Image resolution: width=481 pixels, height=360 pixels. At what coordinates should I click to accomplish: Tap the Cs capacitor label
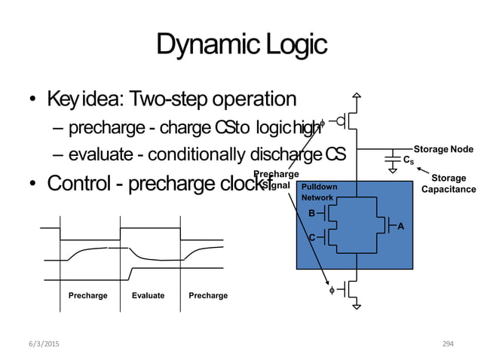click(x=408, y=160)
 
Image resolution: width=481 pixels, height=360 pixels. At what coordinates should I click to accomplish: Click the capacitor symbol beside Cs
click(x=392, y=159)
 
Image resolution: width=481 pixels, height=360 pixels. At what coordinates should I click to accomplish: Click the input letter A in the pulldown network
click(x=400, y=225)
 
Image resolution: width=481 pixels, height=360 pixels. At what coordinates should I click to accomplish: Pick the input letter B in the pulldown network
click(x=312, y=213)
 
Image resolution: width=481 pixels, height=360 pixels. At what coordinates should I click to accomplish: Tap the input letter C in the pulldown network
click(x=312, y=237)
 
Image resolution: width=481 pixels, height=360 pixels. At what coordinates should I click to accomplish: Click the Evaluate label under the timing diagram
click(x=148, y=296)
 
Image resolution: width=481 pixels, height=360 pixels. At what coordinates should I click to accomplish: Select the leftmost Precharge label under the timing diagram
click(x=88, y=296)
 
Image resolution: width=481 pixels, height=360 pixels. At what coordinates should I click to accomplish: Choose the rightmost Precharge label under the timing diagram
click(x=209, y=296)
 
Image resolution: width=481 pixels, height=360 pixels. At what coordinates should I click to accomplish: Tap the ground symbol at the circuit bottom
click(x=358, y=306)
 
